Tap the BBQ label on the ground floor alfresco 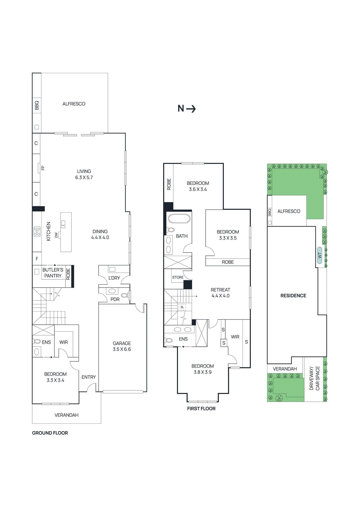pos(37,105)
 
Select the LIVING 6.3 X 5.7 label pos(84,174)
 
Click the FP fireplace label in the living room pos(43,168)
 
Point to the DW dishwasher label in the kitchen pos(56,235)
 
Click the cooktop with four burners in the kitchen pos(37,231)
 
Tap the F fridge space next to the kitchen pos(37,259)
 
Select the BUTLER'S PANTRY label pos(53,273)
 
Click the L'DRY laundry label pos(114,278)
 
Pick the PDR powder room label pos(115,299)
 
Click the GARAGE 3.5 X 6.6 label pos(122,346)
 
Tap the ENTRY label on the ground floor pos(88,377)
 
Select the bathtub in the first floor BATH pos(179,219)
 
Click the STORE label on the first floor pos(178,277)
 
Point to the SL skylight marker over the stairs pos(182,307)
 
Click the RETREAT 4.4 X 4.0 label pos(220,293)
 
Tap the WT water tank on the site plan pos(320,255)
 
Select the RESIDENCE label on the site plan pos(293,296)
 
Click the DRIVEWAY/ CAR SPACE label pos(314,378)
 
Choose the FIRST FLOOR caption pos(201,408)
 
